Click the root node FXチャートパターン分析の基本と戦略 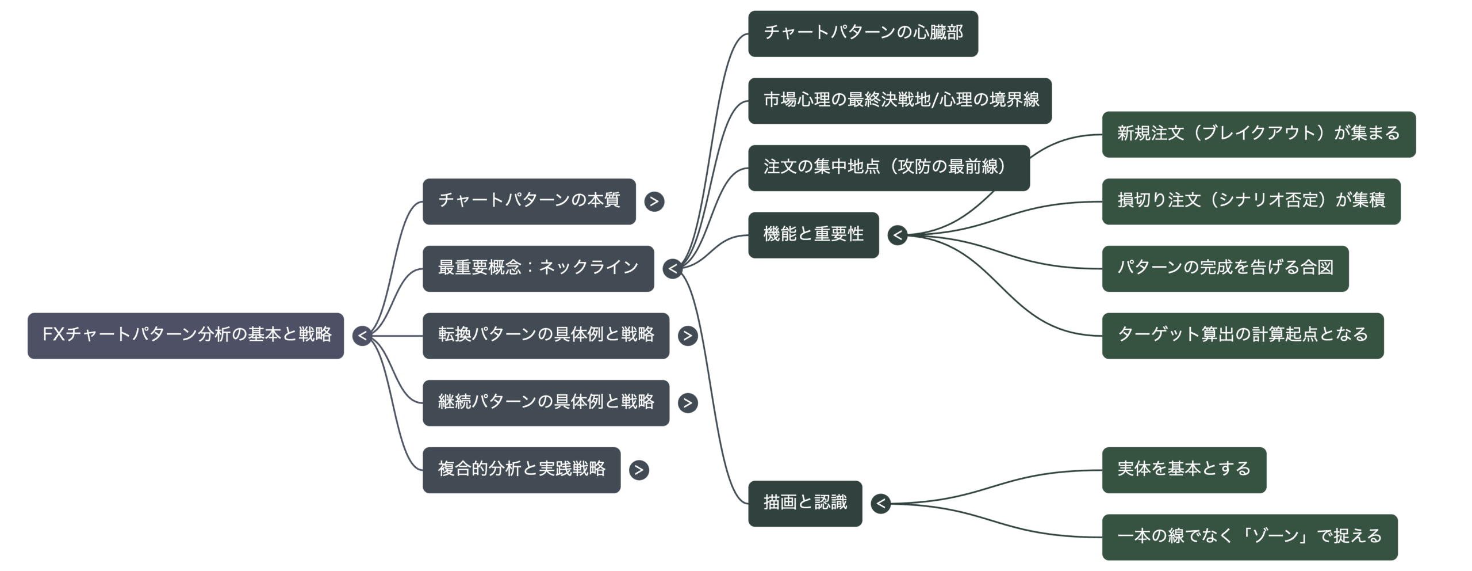186,336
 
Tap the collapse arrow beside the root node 362,336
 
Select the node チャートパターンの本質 529,201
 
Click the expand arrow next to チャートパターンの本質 654,201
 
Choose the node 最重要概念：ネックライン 538,268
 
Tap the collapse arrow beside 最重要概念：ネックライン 672,269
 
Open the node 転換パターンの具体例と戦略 546,336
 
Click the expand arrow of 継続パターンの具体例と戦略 688,403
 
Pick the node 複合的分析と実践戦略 522,470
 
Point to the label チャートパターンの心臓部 863,33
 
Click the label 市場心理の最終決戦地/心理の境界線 901,100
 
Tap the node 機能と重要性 813,235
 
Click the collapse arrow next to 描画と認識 881,504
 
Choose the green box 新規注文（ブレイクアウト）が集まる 1258,134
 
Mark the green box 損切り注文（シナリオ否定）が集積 1251,201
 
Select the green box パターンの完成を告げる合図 1225,268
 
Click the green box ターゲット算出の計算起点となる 1242,336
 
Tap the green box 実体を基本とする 1184,470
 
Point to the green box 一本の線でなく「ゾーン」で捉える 1249,537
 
